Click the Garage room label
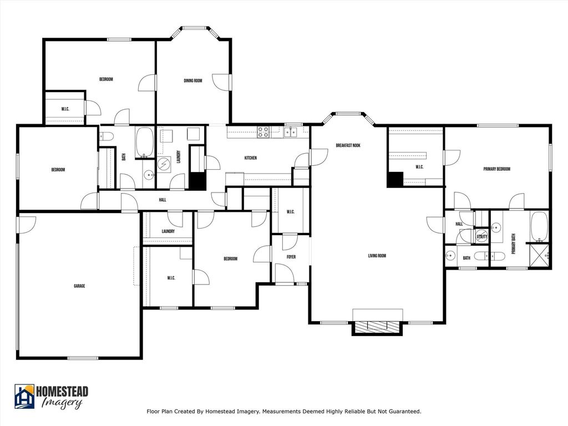79,286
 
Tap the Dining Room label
192,80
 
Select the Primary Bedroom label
496,169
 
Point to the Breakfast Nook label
348,145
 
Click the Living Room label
377,255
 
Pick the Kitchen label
251,158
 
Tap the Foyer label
291,257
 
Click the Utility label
482,236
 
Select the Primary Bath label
513,244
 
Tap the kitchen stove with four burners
263,132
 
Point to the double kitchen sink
290,132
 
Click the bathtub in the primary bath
539,226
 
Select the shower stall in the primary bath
540,256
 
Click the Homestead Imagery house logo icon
24,396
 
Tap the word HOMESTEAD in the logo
62,392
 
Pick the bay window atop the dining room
195,32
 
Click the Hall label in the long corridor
163,200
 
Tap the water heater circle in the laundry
164,164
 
